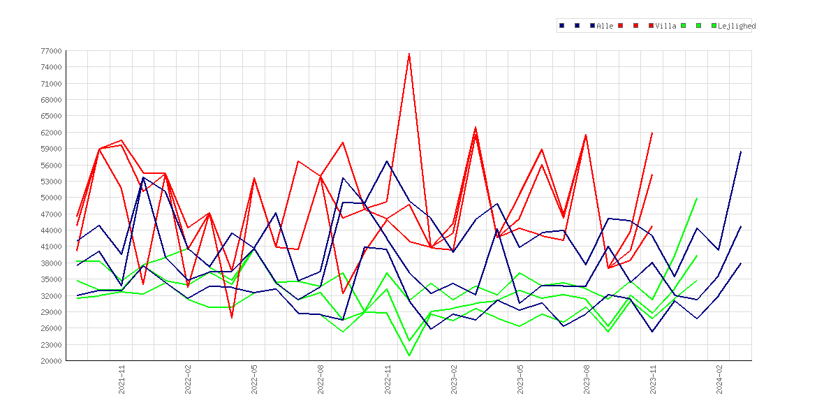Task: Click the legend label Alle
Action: (x=605, y=26)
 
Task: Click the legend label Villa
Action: (x=666, y=26)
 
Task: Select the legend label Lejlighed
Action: (x=737, y=26)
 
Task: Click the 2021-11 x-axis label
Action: (x=122, y=379)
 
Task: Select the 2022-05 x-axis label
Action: (x=254, y=379)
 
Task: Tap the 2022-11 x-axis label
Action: (x=387, y=379)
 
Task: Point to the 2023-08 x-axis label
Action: (x=586, y=379)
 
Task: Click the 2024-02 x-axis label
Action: (x=719, y=379)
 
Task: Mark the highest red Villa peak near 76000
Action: (x=409, y=54)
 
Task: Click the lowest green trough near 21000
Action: (x=409, y=355)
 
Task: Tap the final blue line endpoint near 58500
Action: (x=741, y=151)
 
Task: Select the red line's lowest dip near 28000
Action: (x=232, y=317)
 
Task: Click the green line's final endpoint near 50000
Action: (x=697, y=198)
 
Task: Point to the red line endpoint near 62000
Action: (x=652, y=133)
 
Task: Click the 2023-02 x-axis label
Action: (x=453, y=379)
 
